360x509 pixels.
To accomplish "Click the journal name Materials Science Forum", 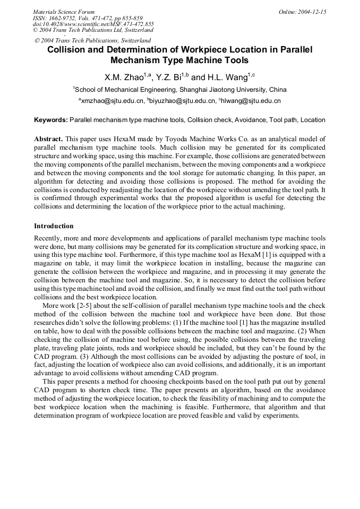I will [x=64, y=12].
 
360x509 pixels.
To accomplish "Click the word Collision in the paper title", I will [x=68, y=50].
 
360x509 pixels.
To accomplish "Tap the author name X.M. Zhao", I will [x=124, y=77].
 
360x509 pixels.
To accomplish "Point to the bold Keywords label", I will [x=50, y=120].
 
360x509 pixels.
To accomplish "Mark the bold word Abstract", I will [x=49, y=139].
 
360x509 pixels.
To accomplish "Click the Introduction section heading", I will [x=54, y=226].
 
